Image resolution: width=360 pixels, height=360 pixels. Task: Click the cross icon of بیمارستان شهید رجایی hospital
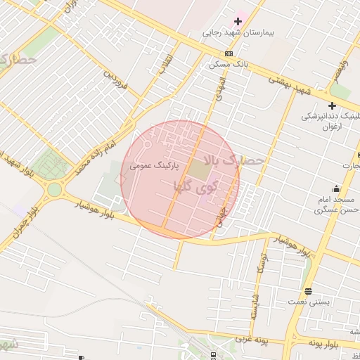click(x=238, y=21)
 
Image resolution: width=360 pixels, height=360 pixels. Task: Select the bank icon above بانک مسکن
click(x=229, y=53)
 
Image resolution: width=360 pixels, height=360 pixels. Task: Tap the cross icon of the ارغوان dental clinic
click(x=332, y=105)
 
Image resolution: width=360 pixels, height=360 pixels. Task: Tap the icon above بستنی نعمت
click(x=308, y=291)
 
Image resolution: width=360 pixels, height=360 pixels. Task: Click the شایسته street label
click(x=252, y=305)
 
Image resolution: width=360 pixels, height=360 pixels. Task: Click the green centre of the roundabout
click(x=54, y=189)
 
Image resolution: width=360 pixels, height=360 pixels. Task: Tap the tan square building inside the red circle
click(x=199, y=171)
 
